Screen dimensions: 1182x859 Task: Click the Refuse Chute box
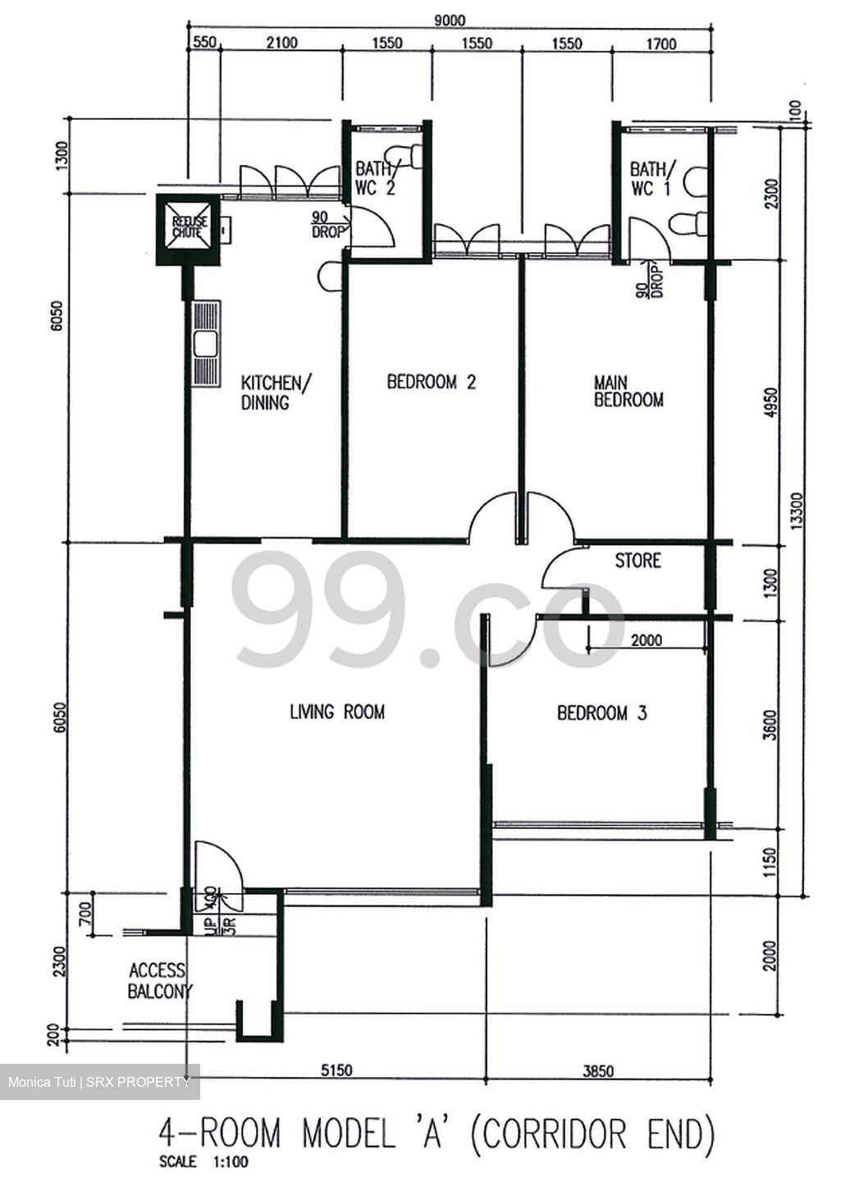click(x=189, y=229)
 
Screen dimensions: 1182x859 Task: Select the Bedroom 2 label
click(x=431, y=382)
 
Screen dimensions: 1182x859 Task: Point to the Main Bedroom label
click(x=628, y=392)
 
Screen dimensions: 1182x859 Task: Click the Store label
click(x=637, y=561)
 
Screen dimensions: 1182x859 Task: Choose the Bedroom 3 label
click(x=601, y=713)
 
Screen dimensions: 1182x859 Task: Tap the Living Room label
click(x=336, y=712)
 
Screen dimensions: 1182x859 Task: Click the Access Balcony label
click(x=158, y=981)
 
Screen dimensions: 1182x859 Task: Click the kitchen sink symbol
click(x=205, y=344)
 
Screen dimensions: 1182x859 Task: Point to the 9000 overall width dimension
click(x=449, y=21)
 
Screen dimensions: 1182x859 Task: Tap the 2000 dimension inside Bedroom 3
click(x=646, y=640)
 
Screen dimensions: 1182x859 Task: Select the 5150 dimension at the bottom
click(x=336, y=1070)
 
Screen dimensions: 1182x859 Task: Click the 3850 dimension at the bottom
click(x=598, y=1070)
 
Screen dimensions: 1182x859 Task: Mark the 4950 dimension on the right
click(x=770, y=403)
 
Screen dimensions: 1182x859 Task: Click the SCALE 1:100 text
click(x=203, y=1161)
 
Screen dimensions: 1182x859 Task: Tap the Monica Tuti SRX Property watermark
click(x=99, y=1082)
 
